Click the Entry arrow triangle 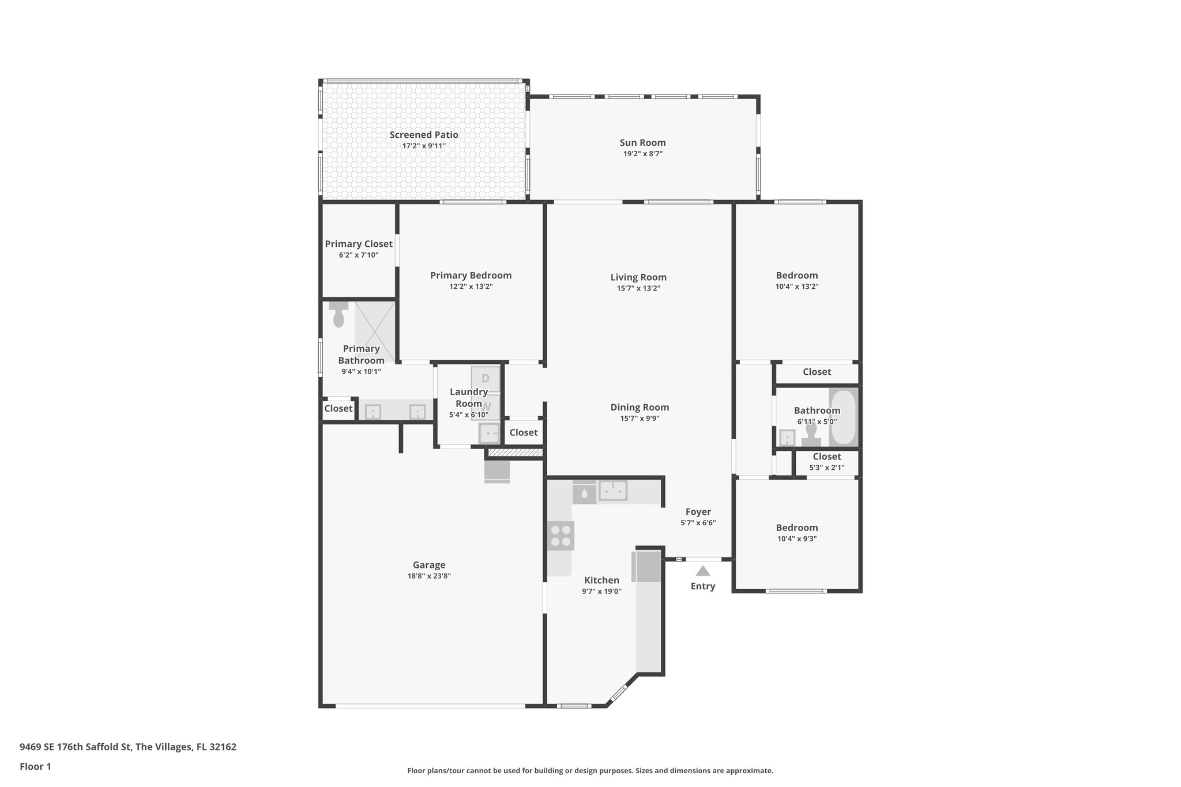(x=702, y=571)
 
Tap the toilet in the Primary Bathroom (x=338, y=315)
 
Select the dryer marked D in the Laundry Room (x=486, y=379)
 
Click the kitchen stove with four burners (x=561, y=536)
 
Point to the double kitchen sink (x=612, y=491)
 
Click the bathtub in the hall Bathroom (x=843, y=417)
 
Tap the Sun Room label (x=642, y=142)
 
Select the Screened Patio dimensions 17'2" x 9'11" (x=424, y=146)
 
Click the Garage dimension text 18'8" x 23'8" (x=429, y=576)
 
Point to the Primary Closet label (x=358, y=244)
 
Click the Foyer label (x=698, y=512)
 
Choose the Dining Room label (x=640, y=407)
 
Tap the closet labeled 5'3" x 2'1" (x=826, y=462)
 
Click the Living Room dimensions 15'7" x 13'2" (x=638, y=288)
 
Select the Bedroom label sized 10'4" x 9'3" (x=796, y=528)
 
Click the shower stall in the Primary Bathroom (x=375, y=332)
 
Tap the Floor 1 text (x=35, y=766)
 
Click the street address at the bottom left (x=128, y=747)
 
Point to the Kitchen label (x=601, y=580)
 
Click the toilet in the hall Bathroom (x=811, y=434)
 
